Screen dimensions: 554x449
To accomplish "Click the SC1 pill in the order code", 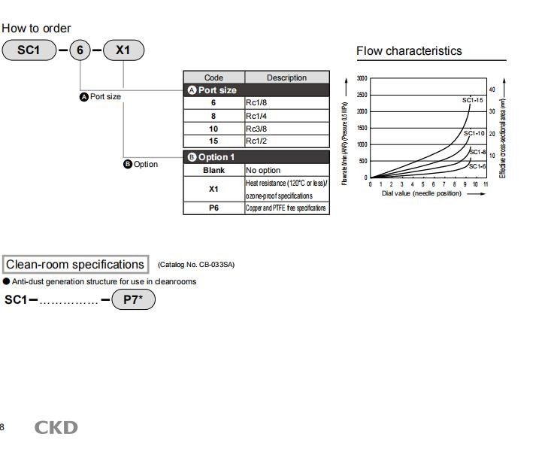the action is (x=29, y=50).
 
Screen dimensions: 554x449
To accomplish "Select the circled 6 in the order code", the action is (x=80, y=50).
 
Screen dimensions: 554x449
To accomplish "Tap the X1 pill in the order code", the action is (x=123, y=50).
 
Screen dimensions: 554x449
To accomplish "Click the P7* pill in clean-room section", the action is (x=133, y=299).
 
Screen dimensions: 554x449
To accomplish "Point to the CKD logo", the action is (x=56, y=427).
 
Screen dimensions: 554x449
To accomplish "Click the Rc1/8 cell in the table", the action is (x=287, y=103).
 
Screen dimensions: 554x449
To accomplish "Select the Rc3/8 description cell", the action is (x=287, y=129).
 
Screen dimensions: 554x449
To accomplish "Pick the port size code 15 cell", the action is (x=213, y=141).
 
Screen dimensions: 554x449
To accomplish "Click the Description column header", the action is (x=287, y=77).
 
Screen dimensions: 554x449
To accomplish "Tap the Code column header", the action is (x=213, y=77).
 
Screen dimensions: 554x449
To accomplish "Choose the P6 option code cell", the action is (x=213, y=208).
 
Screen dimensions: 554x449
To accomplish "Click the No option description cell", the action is (x=287, y=170).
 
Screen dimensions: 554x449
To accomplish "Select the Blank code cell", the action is (x=213, y=170).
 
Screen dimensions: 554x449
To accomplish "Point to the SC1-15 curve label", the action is (x=472, y=100).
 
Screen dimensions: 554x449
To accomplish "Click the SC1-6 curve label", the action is (x=477, y=166).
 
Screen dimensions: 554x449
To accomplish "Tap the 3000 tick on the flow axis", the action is (x=362, y=78).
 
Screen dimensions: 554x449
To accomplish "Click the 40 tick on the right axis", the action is (x=492, y=89).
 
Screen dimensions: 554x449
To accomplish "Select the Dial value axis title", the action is (x=422, y=193).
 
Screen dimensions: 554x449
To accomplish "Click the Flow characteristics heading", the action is (x=409, y=51).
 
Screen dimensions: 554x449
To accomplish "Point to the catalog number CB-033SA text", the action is (x=196, y=265).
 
